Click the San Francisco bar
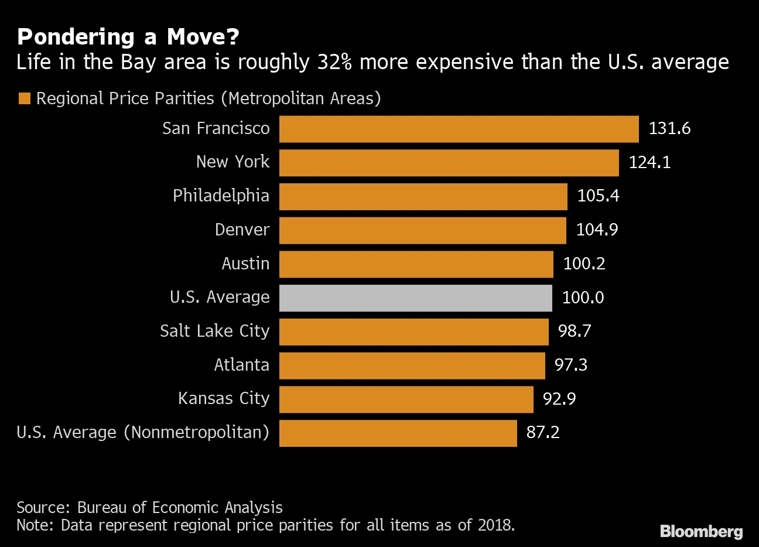459,129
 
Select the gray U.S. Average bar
415,298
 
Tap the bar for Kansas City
406,399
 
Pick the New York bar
449,163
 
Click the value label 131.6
669,129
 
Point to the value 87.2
543,433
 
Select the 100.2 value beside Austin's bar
584,264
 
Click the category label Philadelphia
221,196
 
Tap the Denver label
242,230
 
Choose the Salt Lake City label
214,331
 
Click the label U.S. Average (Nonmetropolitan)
143,433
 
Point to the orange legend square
24,98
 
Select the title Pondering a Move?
128,37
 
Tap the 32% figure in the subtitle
334,62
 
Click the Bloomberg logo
701,531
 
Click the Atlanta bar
412,365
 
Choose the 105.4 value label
598,196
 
